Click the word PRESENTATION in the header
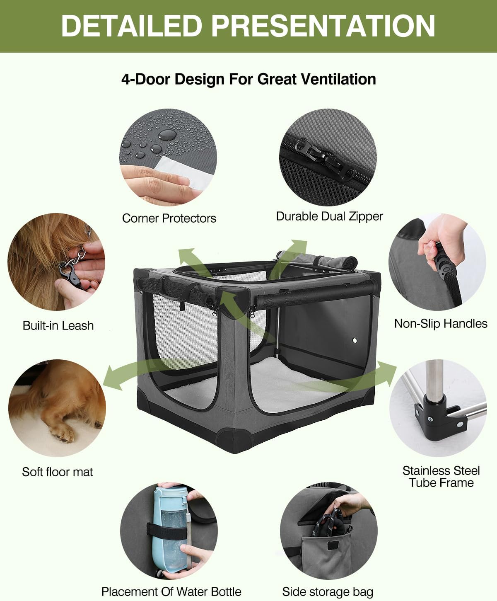(323, 26)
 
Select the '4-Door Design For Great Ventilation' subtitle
(248, 79)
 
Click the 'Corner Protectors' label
(169, 218)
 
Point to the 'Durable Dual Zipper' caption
(329, 216)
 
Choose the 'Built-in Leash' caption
(58, 325)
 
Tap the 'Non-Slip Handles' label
(441, 323)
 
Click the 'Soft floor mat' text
(57, 472)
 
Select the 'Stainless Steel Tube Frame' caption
(441, 477)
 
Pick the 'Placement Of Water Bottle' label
(171, 591)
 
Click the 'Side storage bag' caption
(328, 591)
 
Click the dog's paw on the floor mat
(62, 433)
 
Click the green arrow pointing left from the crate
(124, 375)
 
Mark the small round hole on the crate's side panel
(355, 340)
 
